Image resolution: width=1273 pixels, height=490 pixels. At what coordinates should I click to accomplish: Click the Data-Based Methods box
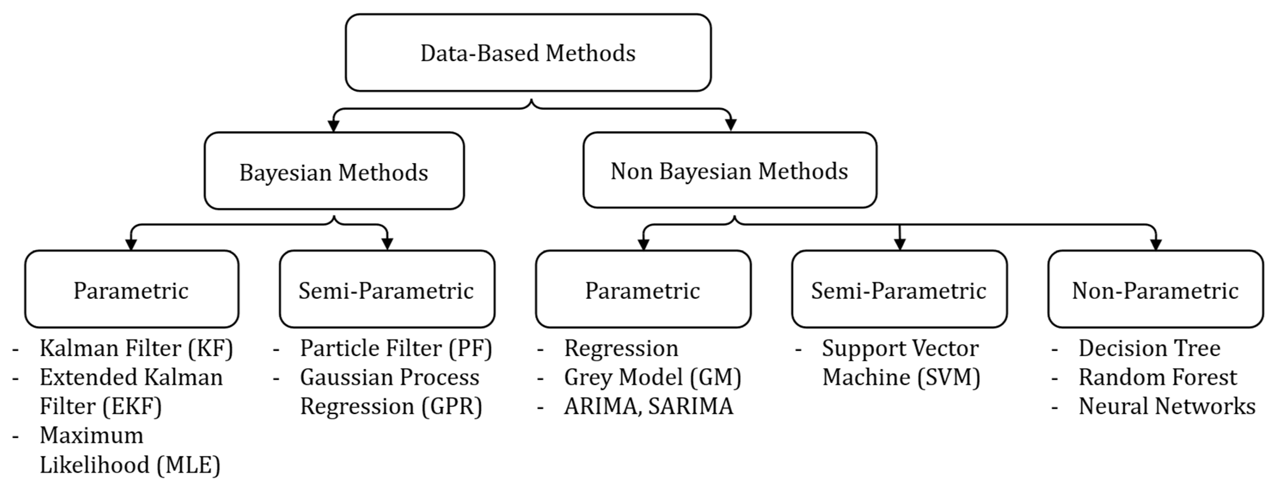coord(528,53)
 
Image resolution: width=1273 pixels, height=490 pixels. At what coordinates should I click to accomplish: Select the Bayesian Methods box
coord(334,171)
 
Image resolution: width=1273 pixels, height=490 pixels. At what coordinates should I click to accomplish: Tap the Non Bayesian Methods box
coord(729,171)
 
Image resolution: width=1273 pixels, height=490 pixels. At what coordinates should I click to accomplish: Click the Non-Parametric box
coord(1155,289)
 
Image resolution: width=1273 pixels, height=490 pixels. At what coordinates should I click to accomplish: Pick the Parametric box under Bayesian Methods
coord(131,289)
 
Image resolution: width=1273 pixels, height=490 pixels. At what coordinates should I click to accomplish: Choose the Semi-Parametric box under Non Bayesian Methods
coord(899,289)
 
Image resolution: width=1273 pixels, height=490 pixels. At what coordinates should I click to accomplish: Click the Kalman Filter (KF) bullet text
coord(136,348)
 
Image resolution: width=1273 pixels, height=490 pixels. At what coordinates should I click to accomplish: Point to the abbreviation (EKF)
coord(132,406)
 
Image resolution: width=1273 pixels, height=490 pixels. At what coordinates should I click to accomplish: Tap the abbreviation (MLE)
coord(188,465)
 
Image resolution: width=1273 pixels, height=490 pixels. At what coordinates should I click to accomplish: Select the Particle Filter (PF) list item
coord(395,348)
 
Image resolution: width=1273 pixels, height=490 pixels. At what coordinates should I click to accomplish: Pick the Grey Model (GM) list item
coord(652,377)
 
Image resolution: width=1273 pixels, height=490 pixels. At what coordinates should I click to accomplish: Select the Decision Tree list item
coord(1149,348)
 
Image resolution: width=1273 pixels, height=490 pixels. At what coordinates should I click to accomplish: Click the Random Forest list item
coord(1158,377)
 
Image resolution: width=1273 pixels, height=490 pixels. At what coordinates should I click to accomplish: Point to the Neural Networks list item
coord(1166,406)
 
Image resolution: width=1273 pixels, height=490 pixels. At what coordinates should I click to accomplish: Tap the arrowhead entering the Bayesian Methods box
coord(334,125)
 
